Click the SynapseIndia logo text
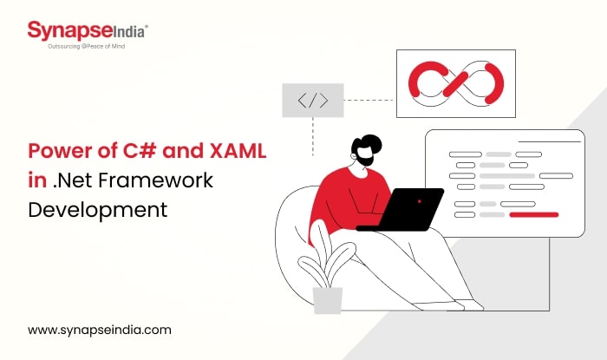pos(88,31)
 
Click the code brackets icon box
pos(312,101)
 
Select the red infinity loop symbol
pos(455,83)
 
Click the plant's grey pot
pos(328,299)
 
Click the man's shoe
pos(468,305)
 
